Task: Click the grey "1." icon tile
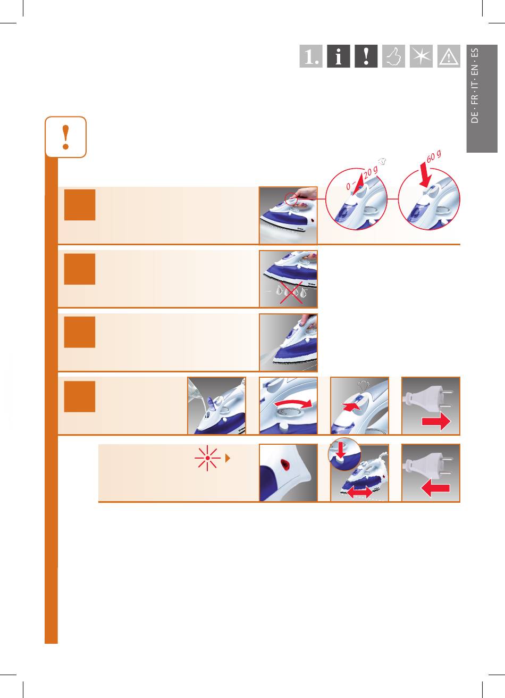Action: click(x=311, y=56)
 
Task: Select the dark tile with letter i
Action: click(x=339, y=56)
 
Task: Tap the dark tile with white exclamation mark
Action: click(x=366, y=56)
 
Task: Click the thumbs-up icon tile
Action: click(x=393, y=56)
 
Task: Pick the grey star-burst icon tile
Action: click(x=421, y=56)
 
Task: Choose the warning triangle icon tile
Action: click(x=449, y=56)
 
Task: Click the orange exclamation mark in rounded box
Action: click(x=66, y=137)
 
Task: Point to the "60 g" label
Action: click(x=434, y=156)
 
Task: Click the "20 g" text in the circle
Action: click(x=371, y=172)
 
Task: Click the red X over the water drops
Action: click(x=291, y=292)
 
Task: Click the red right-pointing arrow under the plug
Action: click(x=436, y=422)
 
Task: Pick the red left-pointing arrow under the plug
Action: click(x=435, y=488)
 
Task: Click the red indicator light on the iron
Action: click(x=284, y=464)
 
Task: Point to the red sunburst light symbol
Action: click(x=207, y=458)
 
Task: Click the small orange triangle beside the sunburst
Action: click(x=228, y=458)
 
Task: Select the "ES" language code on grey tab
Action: click(x=475, y=53)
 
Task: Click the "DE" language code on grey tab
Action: click(x=475, y=117)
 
